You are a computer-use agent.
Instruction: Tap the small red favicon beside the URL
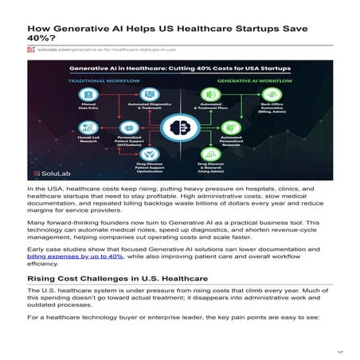click(x=31, y=49)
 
